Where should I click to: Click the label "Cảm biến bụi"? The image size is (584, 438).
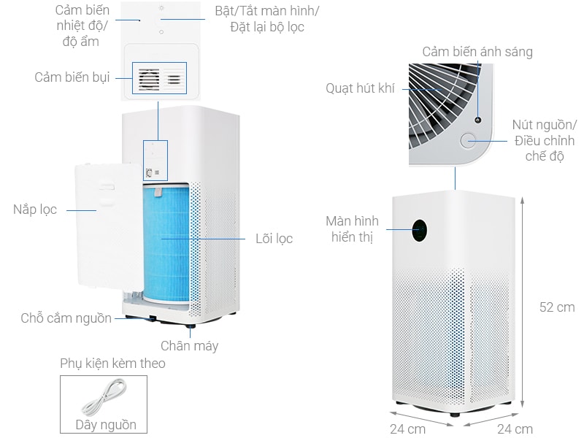[x=72, y=77]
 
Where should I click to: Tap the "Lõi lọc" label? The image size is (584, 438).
[x=274, y=239]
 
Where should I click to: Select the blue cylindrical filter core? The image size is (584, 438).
[x=166, y=243]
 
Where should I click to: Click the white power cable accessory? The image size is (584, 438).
[x=104, y=397]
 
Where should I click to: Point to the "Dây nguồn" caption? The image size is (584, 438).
[x=106, y=425]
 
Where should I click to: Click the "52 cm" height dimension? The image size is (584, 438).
[x=557, y=307]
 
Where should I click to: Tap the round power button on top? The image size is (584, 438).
[x=468, y=140]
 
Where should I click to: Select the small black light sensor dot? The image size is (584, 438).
[x=478, y=120]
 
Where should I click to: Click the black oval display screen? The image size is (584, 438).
[x=419, y=231]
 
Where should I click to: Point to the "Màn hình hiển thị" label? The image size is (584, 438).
[x=352, y=228]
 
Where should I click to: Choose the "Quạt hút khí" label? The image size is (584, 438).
[x=360, y=88]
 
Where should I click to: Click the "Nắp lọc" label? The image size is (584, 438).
[x=35, y=210]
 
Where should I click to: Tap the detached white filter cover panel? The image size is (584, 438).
[x=108, y=227]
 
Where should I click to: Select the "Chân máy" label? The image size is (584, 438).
[x=189, y=346]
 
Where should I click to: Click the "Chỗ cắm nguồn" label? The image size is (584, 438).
[x=66, y=318]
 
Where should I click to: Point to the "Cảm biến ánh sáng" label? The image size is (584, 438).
[x=477, y=52]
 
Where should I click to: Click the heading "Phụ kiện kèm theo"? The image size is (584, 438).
[x=112, y=363]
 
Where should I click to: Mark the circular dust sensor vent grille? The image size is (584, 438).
[x=150, y=79]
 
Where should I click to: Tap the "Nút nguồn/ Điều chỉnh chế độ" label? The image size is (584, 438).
[x=544, y=140]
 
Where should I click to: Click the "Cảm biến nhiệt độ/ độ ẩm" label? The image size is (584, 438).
[x=82, y=26]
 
